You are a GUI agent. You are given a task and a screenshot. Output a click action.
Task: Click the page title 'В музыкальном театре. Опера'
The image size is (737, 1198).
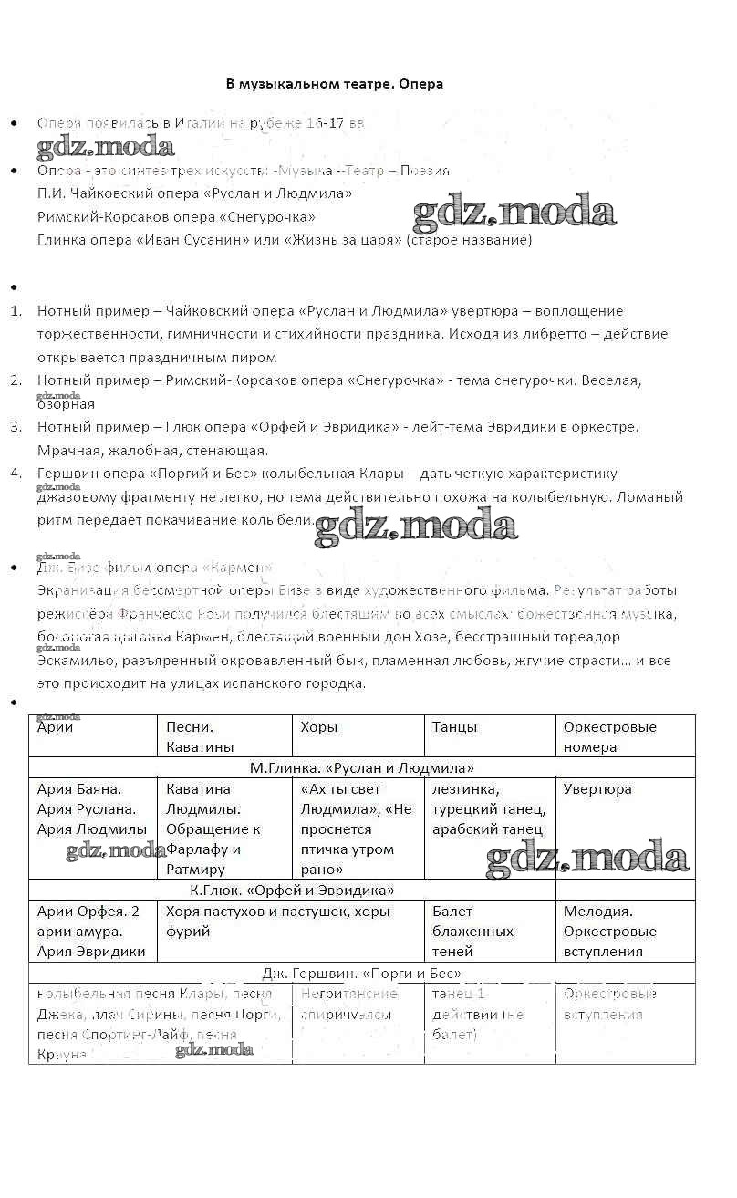point(334,84)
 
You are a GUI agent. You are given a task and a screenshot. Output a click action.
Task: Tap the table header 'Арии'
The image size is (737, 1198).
point(56,728)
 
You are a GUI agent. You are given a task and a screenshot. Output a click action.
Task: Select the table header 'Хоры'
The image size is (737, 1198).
point(319,728)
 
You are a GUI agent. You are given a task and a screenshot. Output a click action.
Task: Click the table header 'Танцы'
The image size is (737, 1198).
point(454,728)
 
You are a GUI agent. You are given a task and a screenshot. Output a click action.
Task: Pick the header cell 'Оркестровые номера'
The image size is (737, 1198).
point(609,737)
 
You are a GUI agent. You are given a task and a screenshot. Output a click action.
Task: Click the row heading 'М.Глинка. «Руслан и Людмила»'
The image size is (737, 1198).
point(361,768)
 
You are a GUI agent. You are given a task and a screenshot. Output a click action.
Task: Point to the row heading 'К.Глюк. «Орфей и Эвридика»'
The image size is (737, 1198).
point(292,890)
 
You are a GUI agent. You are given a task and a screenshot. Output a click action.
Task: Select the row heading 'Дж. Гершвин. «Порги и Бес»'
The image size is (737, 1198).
point(361,974)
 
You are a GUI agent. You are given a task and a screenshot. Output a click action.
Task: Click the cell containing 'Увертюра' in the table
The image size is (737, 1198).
point(597,789)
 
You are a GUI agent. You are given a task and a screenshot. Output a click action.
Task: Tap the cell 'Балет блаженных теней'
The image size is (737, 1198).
point(472,931)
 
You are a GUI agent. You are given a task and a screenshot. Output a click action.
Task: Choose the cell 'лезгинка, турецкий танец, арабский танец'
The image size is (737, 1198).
point(489,809)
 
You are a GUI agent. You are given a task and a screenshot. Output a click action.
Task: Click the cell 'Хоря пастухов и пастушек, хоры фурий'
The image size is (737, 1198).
point(277,921)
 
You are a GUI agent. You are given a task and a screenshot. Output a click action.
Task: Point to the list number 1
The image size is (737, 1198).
point(16,311)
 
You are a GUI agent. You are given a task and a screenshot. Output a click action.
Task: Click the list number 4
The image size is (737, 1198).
point(16,474)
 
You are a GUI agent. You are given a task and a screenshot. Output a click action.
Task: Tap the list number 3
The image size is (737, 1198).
point(16,426)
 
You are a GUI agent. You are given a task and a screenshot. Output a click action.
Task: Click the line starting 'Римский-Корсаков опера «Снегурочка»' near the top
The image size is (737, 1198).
point(176,217)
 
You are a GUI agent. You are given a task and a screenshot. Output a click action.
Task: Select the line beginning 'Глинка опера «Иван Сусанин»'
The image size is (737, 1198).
point(284,240)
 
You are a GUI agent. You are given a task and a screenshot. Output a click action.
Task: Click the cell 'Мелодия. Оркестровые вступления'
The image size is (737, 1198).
point(609,931)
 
